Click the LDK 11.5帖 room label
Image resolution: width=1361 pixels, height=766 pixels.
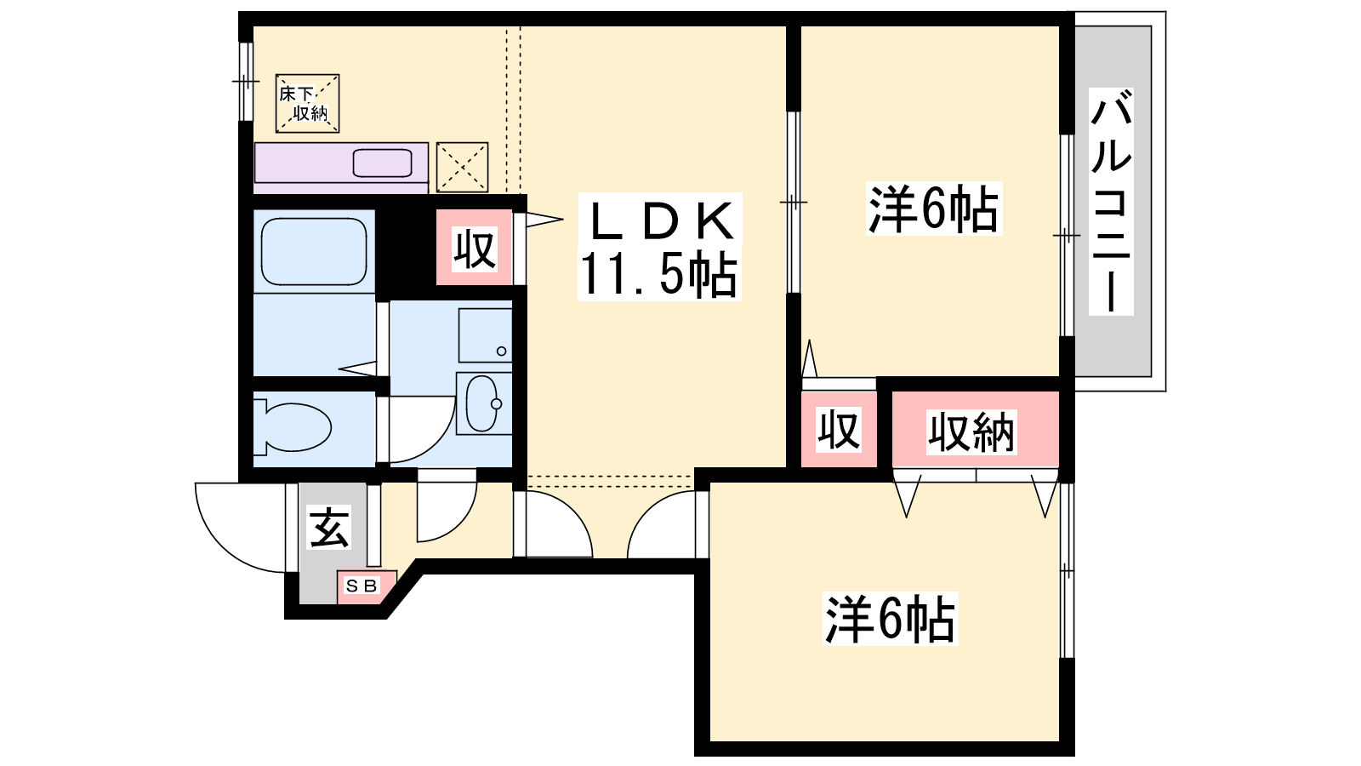click(659, 246)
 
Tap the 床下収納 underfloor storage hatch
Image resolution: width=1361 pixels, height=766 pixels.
click(307, 103)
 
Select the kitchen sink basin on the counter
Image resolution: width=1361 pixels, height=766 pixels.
click(383, 163)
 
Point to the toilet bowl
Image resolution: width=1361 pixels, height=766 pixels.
click(293, 426)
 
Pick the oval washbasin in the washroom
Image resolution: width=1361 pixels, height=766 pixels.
click(483, 403)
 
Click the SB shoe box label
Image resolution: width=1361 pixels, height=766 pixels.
click(362, 586)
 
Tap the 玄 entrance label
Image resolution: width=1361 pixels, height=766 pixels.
click(329, 528)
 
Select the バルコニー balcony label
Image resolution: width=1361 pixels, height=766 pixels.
click(1111, 201)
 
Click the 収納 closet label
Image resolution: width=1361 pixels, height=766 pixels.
click(971, 432)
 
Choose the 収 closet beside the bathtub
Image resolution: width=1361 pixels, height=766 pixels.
click(475, 248)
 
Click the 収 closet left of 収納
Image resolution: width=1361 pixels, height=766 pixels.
click(839, 430)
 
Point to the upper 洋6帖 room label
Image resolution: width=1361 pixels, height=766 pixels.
click(934, 208)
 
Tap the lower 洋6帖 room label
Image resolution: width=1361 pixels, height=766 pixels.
click(890, 618)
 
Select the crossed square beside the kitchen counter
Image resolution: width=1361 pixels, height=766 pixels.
click(463, 167)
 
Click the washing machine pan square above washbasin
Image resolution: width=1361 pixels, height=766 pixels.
click(486, 335)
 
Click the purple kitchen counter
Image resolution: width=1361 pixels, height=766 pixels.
click(341, 168)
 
